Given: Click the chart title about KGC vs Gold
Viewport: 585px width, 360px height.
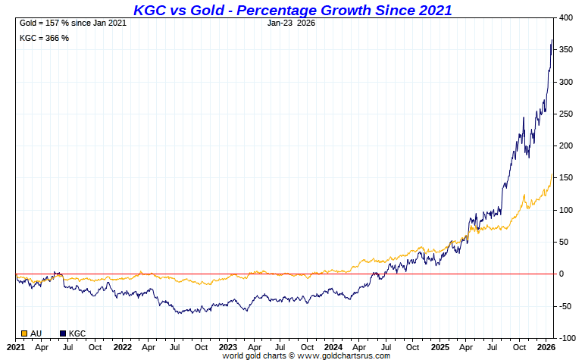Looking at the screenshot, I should pyautogui.click(x=292, y=10).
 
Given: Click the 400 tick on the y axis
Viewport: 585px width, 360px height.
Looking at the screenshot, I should pyautogui.click(x=565, y=17).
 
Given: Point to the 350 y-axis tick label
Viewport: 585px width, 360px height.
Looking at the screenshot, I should pyautogui.click(x=565, y=49).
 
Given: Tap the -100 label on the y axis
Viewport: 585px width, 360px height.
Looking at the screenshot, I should pyautogui.click(x=566, y=338).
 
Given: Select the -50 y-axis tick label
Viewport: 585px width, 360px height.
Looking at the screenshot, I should pyautogui.click(x=565, y=306).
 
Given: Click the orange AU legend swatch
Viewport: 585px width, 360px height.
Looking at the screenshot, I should pyautogui.click(x=24, y=333).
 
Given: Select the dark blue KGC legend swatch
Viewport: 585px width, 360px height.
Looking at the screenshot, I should pyautogui.click(x=63, y=333).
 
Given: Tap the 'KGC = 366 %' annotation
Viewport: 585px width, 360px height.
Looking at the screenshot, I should pyautogui.click(x=44, y=38).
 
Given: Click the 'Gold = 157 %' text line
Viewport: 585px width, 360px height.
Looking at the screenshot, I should pyautogui.click(x=73, y=23).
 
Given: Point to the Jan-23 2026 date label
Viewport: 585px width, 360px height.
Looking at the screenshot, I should pyautogui.click(x=292, y=23).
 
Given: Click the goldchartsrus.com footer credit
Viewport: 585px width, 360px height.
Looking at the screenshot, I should pyautogui.click(x=306, y=355).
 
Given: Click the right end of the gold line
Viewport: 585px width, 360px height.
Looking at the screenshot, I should pyautogui.click(x=552, y=174).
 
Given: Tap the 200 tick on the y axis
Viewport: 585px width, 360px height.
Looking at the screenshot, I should pyautogui.click(x=565, y=146).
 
